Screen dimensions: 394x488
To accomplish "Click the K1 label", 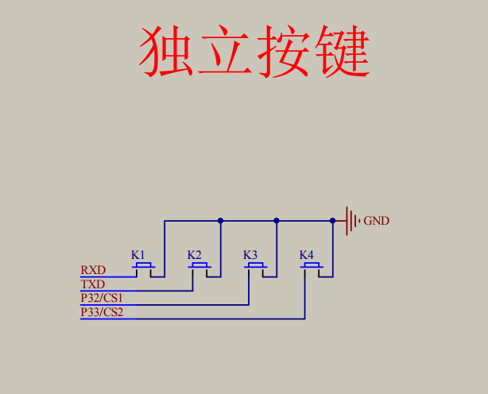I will point(139,255).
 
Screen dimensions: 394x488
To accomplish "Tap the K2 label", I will point(195,255).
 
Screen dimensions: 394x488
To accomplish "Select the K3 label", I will point(250,255).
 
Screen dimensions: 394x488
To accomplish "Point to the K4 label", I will point(306,255).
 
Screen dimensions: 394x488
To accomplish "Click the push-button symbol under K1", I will point(143,266).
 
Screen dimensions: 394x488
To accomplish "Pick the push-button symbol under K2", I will point(199,266).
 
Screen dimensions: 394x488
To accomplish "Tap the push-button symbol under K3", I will point(255,266).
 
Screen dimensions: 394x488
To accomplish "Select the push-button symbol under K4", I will point(311,266).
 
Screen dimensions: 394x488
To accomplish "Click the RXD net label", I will point(93,271).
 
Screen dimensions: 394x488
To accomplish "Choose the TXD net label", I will point(93,284).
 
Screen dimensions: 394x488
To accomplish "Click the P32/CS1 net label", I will point(102,298).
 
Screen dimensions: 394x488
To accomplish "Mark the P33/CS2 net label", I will point(102,312).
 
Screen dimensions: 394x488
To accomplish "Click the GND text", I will point(377,221).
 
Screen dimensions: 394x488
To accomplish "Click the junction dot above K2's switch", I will point(220,221).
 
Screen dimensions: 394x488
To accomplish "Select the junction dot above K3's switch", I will point(277,221).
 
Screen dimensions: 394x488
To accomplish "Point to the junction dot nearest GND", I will point(332,221).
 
